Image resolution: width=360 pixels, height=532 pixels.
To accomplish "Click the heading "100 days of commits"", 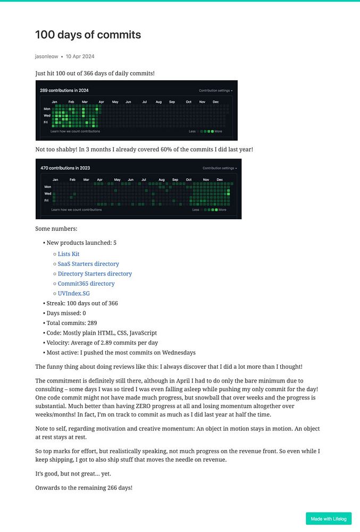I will point(88,35).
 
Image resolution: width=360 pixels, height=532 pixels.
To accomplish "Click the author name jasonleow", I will point(47,56).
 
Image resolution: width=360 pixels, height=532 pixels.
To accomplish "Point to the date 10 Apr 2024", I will point(80,56).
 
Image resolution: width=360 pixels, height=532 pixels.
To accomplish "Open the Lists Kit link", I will point(69,254).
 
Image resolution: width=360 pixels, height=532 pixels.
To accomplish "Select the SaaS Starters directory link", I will point(88,264).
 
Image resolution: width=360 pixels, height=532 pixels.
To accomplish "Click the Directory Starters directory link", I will point(95,273).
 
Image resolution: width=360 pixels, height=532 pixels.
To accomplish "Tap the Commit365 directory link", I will point(86,284).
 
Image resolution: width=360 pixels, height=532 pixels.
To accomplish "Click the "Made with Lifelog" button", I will point(329,519).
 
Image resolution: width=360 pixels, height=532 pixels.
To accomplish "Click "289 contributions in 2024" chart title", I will point(64,90).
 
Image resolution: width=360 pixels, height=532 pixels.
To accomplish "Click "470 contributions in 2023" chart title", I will point(65,168).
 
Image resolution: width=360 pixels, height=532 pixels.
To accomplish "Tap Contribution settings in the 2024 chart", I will point(215,90).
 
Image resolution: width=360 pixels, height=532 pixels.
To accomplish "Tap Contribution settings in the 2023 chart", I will point(219,168).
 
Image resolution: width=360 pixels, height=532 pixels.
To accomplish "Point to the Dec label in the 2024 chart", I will point(215,102).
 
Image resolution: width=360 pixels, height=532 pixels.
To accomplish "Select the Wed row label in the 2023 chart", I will point(47,194).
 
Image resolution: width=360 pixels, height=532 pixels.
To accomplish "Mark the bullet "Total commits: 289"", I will point(71,323).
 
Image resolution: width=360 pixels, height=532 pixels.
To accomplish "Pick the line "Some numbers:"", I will point(56,229).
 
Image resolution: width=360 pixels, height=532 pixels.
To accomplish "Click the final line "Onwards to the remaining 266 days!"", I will point(83,487).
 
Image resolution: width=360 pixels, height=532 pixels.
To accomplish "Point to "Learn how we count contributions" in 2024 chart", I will point(75,131).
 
